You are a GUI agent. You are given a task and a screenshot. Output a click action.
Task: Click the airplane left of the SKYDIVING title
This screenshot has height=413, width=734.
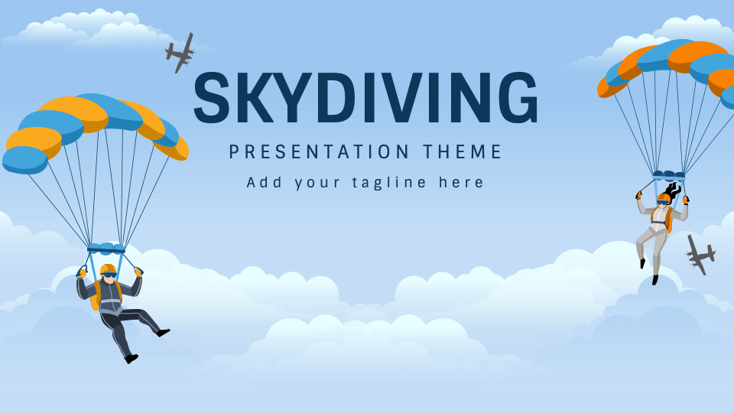(180, 53)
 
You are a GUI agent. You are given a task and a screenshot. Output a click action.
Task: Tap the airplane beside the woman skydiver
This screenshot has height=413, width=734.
(700, 255)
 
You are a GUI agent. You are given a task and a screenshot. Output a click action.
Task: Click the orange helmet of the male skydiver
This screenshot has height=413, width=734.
(109, 269)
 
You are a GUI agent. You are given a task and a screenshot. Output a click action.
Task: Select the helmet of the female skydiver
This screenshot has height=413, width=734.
(664, 198)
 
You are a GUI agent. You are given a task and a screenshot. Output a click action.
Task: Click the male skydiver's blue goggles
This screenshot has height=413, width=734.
(110, 275)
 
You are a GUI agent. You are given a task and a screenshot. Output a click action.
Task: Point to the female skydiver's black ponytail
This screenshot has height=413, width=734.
(673, 189)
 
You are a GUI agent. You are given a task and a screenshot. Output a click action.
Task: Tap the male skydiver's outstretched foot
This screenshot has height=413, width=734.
(162, 332)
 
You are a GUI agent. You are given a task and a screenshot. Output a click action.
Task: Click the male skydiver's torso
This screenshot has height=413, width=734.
(109, 295)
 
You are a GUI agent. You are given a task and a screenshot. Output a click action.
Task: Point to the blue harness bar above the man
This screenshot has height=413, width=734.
(106, 249)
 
